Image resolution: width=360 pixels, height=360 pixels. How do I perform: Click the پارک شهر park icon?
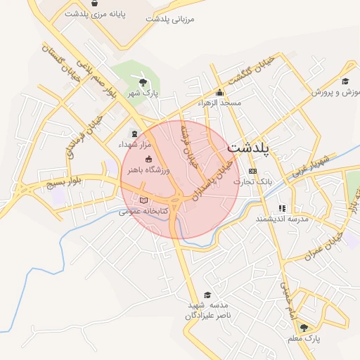pyautogui.click(x=143, y=82)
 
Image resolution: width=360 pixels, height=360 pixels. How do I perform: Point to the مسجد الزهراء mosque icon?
pyautogui.click(x=219, y=92)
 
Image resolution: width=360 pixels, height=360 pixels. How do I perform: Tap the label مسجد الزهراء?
pyautogui.click(x=219, y=103)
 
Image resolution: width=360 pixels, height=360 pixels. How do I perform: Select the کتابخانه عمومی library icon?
pyautogui.click(x=143, y=200)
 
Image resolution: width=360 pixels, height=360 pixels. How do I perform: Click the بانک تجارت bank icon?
pyautogui.click(x=253, y=172)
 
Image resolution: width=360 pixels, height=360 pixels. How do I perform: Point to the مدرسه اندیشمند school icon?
pyautogui.click(x=282, y=208)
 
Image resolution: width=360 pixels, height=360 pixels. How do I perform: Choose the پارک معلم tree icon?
pyautogui.click(x=304, y=328)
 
